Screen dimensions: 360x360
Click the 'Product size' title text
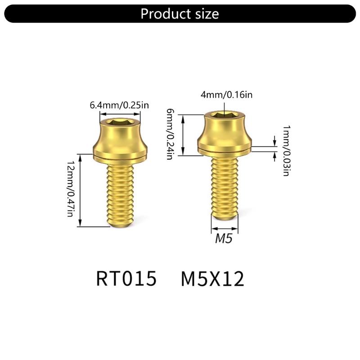[x=180, y=13]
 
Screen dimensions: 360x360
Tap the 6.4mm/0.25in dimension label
[x=119, y=105]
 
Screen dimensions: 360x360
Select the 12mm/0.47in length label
[x=70, y=188]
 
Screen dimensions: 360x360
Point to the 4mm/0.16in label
[x=227, y=94]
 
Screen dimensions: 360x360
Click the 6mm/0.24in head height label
[x=170, y=134]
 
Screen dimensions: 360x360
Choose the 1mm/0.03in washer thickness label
[x=286, y=151]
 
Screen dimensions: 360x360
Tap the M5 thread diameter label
[x=224, y=239]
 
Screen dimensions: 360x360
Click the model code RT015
[x=126, y=279]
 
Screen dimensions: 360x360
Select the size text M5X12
[x=212, y=279]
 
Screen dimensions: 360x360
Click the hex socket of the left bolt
[x=120, y=122]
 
